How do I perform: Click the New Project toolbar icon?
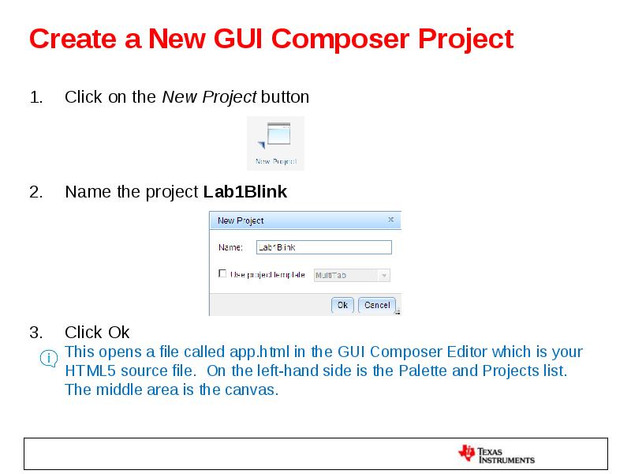point(275,142)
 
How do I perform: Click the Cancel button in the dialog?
point(377,305)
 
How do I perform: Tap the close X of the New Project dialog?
point(391,220)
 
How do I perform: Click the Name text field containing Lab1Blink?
point(323,247)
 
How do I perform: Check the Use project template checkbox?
point(222,274)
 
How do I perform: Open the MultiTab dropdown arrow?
point(384,276)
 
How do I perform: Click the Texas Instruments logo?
point(496,454)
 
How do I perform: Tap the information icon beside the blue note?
point(49,359)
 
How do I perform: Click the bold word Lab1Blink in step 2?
point(245,192)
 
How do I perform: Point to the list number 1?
point(35,97)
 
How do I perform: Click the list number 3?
point(35,332)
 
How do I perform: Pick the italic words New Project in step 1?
point(209,97)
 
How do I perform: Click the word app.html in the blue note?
point(258,352)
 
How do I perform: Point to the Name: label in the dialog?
point(230,247)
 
